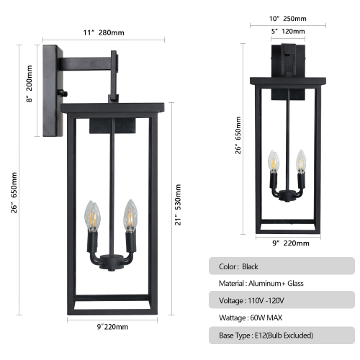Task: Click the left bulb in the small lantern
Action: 273,162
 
